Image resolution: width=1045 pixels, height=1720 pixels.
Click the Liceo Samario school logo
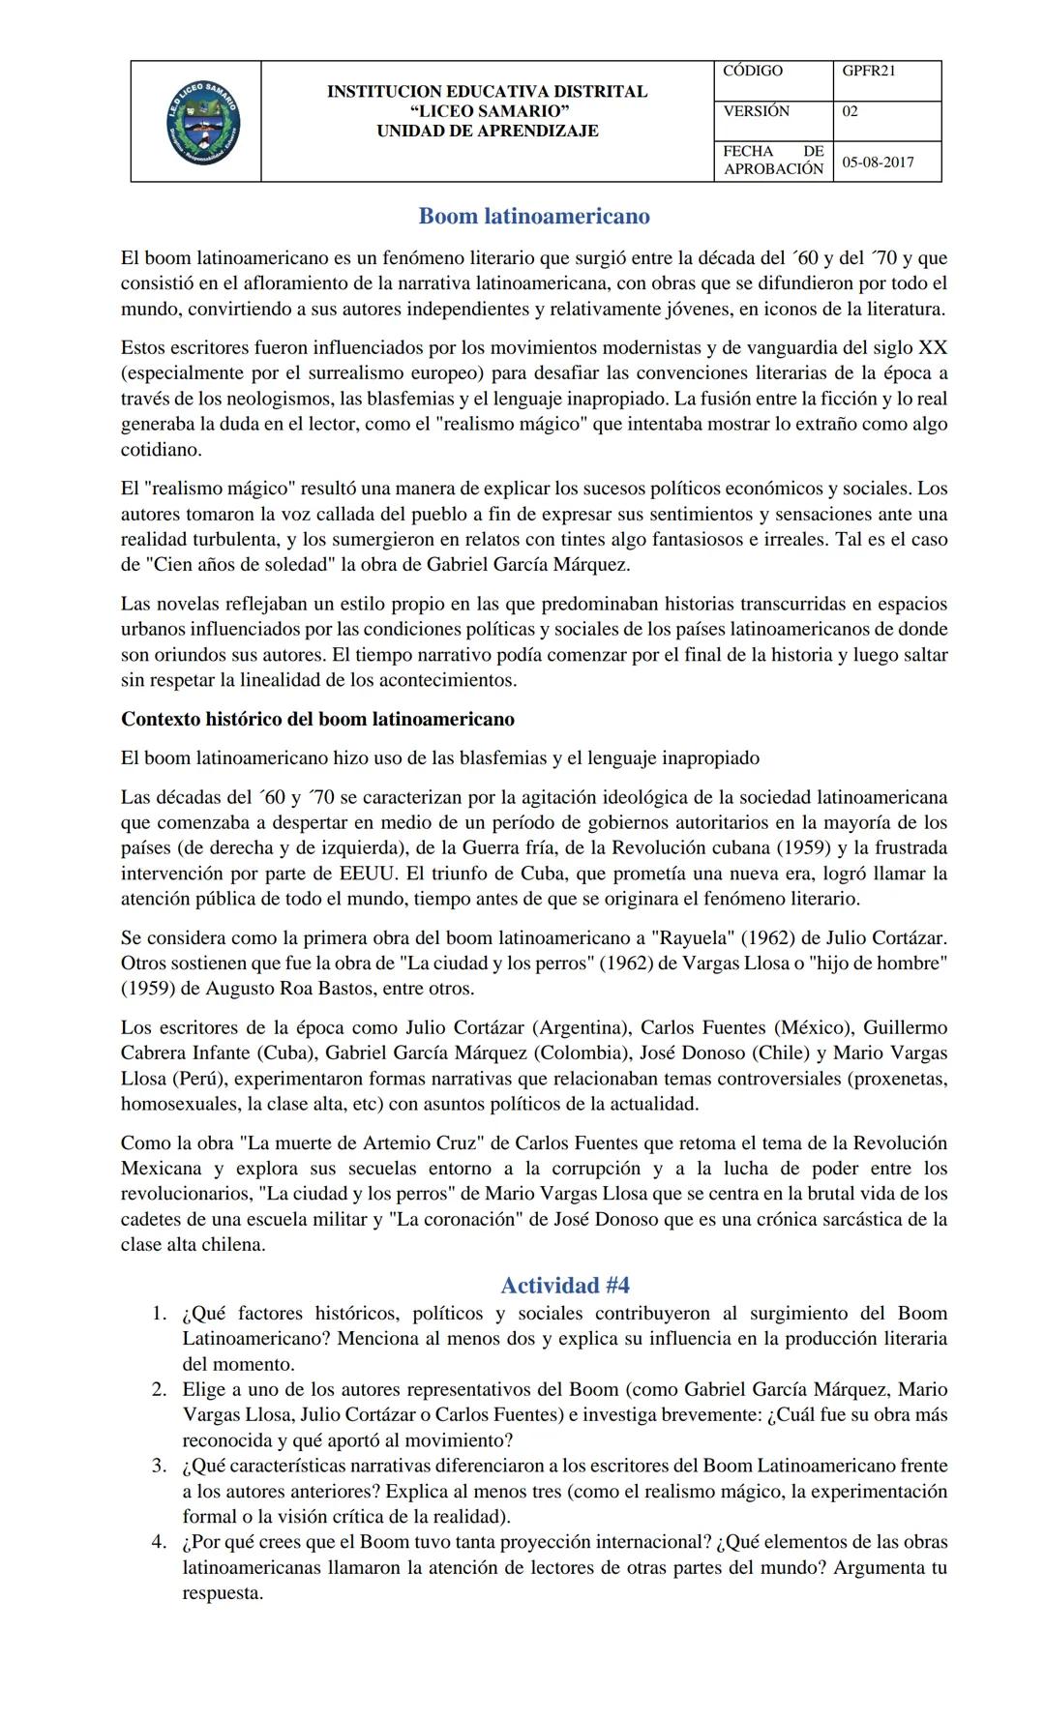[203, 123]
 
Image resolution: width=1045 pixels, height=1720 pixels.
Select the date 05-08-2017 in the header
[878, 162]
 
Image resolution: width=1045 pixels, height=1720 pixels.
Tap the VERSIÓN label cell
[756, 111]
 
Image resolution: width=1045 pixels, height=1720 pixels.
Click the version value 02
[850, 111]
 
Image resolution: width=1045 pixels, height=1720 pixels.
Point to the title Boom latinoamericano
[533, 216]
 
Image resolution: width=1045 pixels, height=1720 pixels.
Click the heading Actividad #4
[565, 1285]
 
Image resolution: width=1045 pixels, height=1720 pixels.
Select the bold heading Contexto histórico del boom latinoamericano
[317, 719]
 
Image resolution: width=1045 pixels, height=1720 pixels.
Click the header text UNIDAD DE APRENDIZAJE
[487, 131]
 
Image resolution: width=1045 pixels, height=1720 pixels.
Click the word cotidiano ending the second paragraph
[161, 449]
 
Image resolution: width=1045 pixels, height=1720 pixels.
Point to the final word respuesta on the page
[223, 1592]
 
